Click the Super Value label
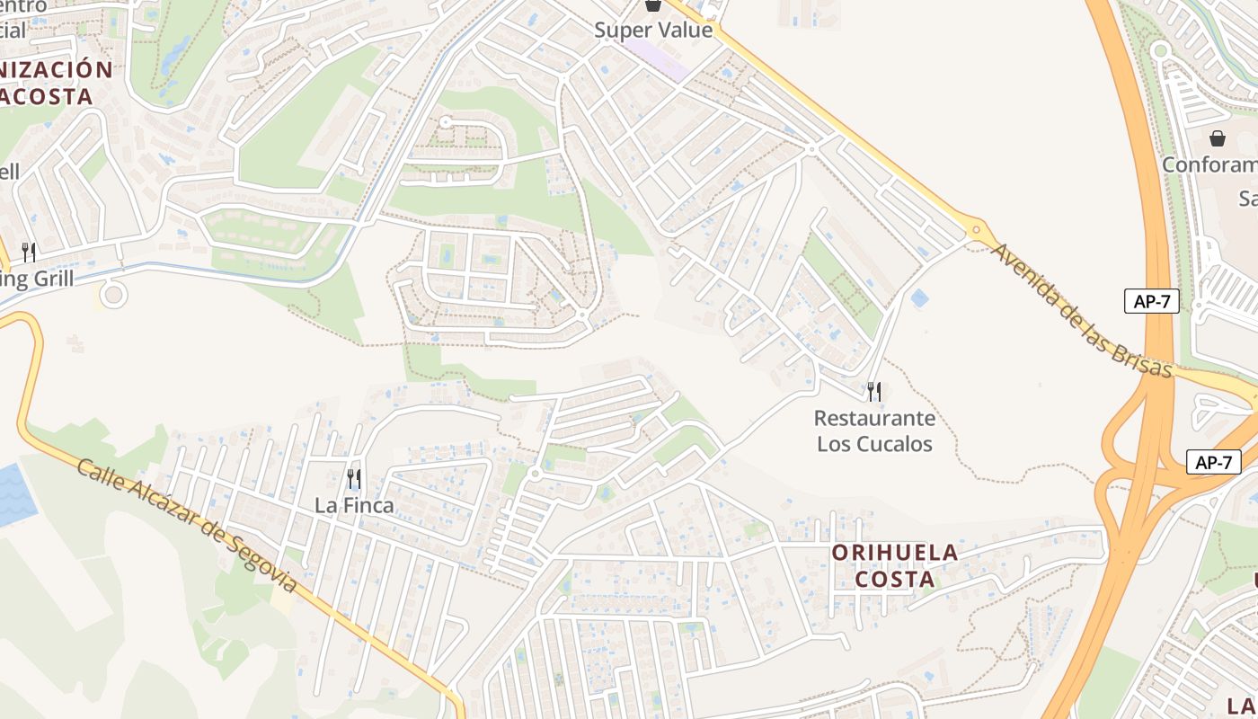653,30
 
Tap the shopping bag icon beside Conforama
1218,138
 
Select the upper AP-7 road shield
1151,301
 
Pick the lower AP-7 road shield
1213,462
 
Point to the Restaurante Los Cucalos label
874,431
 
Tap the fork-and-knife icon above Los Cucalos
873,392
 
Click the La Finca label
354,505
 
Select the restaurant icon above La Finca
354,478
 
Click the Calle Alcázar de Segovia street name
186,525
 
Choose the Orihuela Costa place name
895,565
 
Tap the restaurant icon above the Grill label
29,252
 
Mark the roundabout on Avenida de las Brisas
977,231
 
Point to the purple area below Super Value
656,54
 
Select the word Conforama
1209,164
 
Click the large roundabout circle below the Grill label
113,294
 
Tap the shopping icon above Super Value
653,5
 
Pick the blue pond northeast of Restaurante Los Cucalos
918,297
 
